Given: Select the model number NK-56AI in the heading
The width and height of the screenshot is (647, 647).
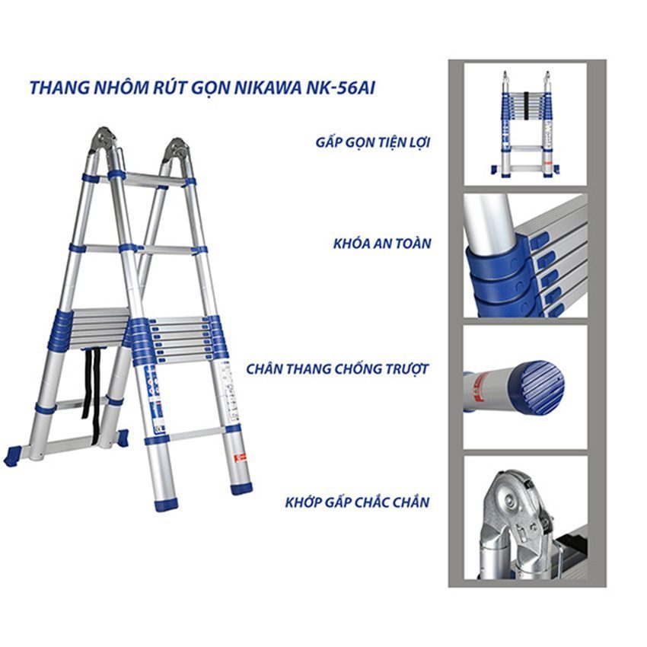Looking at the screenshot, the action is [340, 88].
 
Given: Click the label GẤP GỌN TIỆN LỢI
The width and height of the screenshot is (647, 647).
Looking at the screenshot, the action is [373, 142].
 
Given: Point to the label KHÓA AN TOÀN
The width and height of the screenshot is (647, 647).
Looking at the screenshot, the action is [382, 244].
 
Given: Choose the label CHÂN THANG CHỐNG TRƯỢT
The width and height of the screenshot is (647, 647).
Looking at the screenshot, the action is [337, 369].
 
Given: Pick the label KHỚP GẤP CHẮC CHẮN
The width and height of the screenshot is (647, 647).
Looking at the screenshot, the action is [357, 502].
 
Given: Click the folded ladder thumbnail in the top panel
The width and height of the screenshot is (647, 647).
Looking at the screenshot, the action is [525, 125].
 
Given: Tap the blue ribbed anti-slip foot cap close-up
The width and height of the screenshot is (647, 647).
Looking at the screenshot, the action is [536, 387].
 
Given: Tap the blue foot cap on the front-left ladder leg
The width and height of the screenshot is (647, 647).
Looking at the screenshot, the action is [166, 505].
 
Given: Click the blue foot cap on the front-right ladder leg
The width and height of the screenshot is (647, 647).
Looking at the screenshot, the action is [241, 488].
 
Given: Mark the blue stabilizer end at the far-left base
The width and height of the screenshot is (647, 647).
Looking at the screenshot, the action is [12, 457].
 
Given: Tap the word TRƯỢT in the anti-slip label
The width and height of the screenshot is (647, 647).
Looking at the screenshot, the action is [407, 369].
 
